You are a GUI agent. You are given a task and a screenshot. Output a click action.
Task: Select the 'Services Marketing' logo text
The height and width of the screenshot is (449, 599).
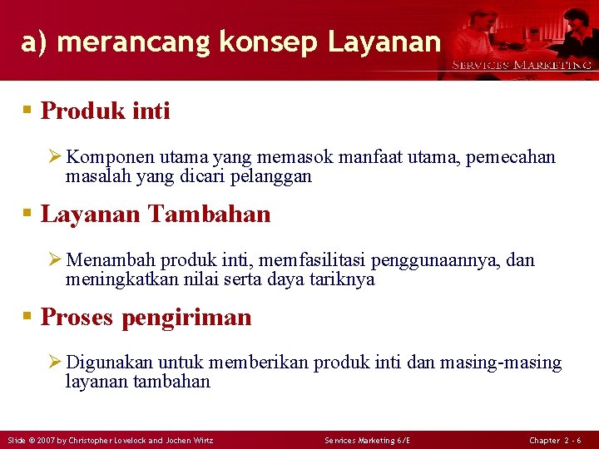point(522,65)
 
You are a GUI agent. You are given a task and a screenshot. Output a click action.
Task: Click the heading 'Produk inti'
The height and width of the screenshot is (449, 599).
point(105,111)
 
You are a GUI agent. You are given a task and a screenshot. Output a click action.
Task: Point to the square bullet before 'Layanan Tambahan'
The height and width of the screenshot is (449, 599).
point(28,215)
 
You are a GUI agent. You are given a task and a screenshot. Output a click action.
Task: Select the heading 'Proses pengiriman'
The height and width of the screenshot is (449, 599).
point(146,317)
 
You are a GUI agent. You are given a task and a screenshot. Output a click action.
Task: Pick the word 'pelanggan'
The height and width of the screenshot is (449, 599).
point(273,176)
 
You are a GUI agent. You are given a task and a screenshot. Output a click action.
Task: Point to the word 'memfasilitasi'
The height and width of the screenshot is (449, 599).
point(317,261)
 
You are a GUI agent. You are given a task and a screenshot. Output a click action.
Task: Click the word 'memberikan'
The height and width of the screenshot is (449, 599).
point(259,363)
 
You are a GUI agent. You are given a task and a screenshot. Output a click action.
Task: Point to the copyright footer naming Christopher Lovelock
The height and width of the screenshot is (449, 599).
point(110,440)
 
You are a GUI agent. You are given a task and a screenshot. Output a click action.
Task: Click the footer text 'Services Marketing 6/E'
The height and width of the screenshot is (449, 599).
point(367,440)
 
